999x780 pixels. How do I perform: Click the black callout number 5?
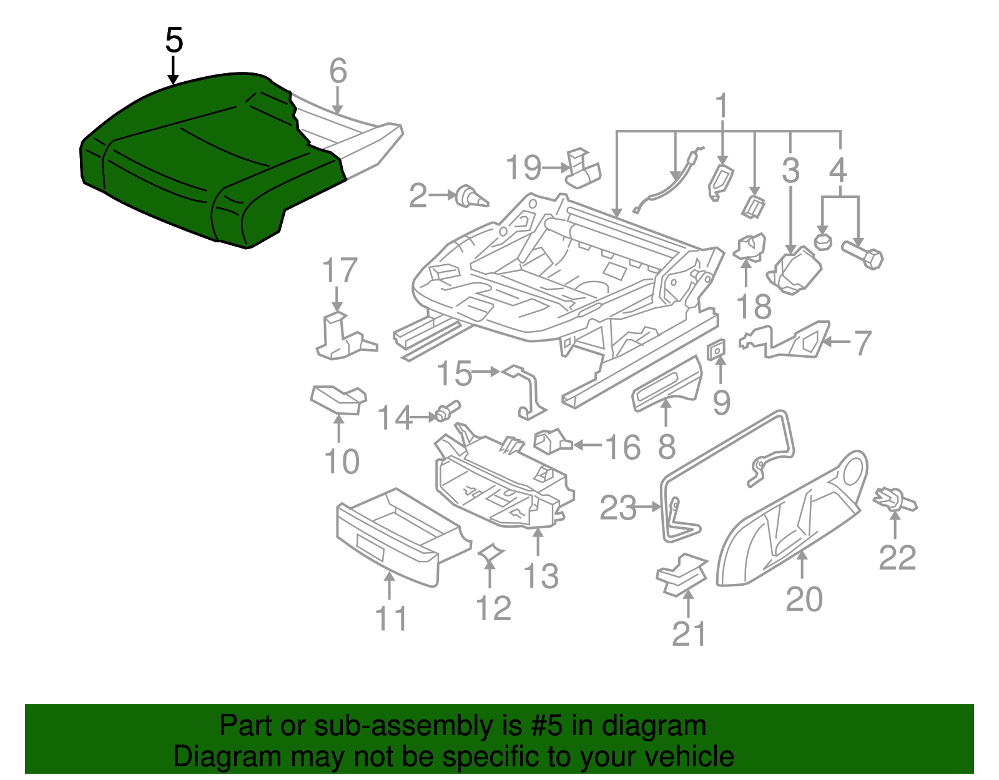tap(174, 41)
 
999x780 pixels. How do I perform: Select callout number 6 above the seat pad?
tap(338, 71)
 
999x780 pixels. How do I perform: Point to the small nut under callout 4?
tap(823, 242)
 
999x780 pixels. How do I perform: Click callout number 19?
tap(523, 168)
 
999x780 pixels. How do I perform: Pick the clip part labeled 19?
tap(583, 168)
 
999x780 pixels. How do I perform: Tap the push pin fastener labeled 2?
tap(471, 197)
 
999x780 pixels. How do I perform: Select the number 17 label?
tap(339, 271)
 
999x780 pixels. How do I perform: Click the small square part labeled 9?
tap(717, 350)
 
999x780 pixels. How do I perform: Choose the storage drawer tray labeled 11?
tap(400, 537)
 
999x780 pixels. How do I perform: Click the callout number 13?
tap(541, 576)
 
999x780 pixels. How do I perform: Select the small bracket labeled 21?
tap(682, 573)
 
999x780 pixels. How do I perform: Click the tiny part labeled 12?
tap(490, 552)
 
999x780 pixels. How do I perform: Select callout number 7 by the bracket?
tap(862, 343)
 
